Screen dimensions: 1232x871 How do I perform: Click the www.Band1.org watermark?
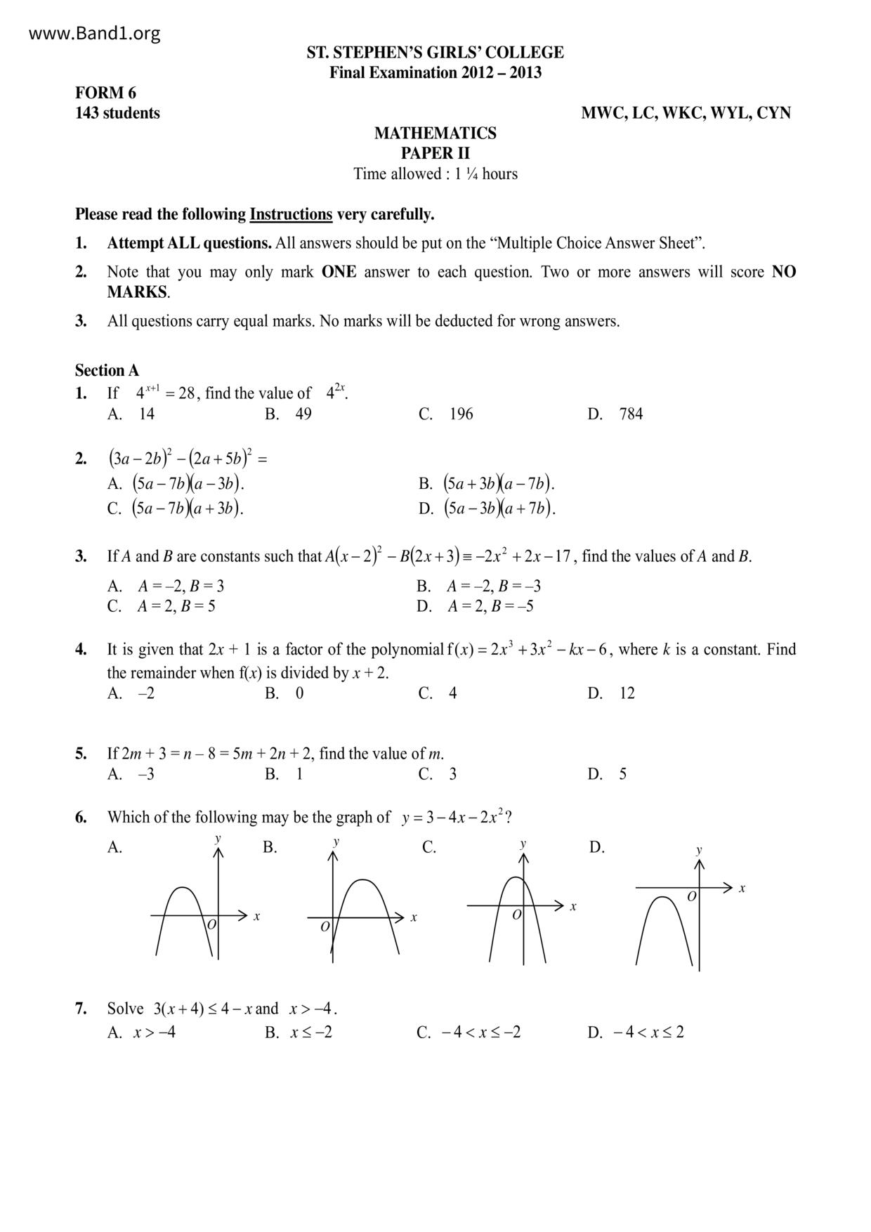95,33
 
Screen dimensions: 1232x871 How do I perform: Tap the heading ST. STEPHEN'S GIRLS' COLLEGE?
435,53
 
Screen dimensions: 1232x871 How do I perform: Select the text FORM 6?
105,93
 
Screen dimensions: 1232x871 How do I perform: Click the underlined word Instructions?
290,214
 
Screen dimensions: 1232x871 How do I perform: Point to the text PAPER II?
435,153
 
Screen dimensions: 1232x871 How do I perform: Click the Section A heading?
107,370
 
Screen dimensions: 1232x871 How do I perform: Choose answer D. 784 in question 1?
615,414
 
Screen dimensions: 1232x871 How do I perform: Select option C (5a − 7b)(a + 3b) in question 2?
176,508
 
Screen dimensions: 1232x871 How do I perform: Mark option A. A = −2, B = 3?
166,586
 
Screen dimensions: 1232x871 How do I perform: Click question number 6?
81,817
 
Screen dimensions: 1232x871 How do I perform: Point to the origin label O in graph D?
691,897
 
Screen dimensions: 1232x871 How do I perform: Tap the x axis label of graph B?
414,917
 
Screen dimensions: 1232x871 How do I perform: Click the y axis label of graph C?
523,843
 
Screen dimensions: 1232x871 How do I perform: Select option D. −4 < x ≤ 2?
636,1032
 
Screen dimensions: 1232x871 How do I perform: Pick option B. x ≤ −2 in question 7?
299,1032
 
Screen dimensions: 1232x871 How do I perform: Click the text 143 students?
117,113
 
